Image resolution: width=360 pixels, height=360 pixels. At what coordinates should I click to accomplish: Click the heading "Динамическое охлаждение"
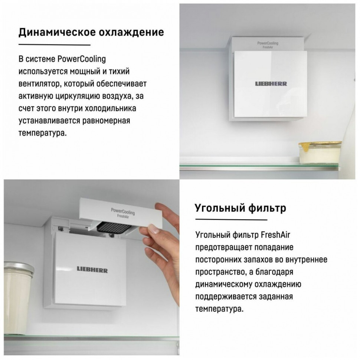(91, 32)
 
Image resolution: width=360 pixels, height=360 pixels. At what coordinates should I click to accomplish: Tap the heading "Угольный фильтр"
(240, 208)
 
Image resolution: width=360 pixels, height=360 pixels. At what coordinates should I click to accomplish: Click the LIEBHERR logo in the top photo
(271, 84)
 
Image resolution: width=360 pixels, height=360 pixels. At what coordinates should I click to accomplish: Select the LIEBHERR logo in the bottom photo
(92, 269)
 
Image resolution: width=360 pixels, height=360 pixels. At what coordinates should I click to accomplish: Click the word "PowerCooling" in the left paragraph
(82, 59)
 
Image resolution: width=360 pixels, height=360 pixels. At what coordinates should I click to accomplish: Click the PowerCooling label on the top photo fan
(268, 43)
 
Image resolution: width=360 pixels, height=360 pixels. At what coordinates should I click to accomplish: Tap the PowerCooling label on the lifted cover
(122, 212)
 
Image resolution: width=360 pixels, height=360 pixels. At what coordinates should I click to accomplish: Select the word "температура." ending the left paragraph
(43, 132)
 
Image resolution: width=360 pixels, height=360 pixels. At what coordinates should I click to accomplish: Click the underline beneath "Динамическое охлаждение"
(54, 45)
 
